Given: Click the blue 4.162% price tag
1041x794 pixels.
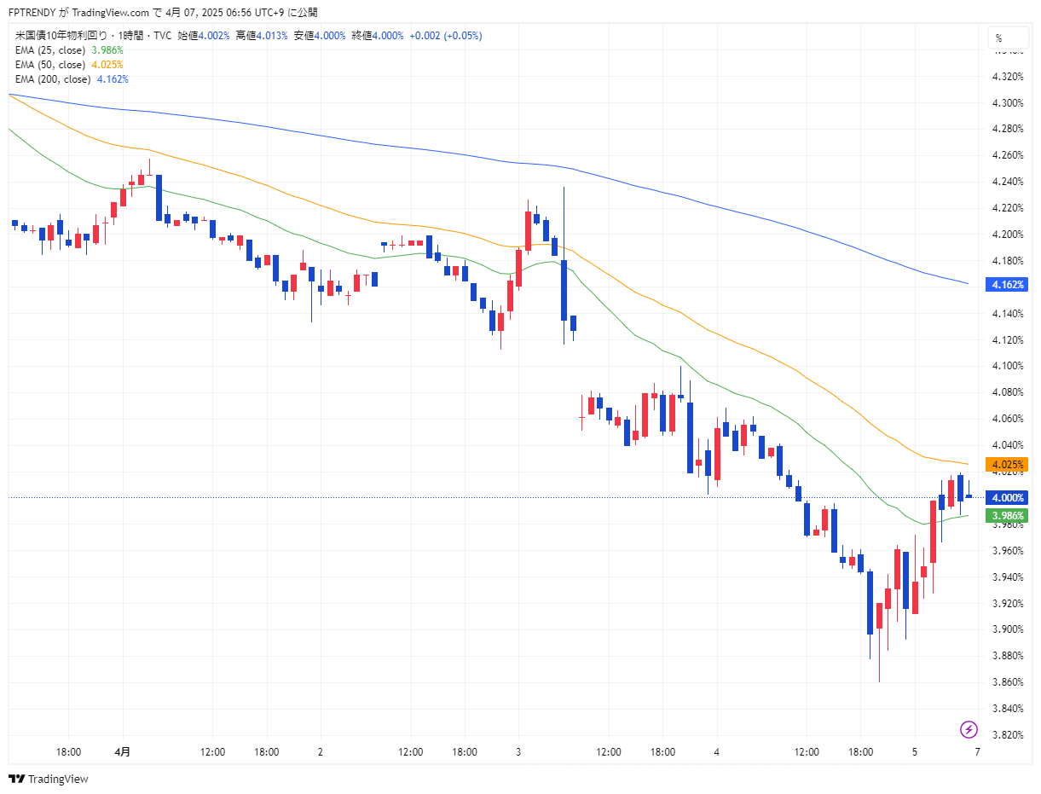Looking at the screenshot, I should click(x=1007, y=284).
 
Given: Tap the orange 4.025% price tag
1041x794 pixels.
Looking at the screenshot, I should click(x=1007, y=465).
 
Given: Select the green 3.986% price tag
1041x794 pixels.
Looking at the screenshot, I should click(x=1007, y=516).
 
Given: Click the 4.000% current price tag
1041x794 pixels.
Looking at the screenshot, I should click(x=1007, y=498).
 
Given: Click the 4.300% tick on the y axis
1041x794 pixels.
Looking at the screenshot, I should click(x=1008, y=103).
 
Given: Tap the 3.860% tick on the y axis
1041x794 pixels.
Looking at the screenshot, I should click(x=1008, y=682).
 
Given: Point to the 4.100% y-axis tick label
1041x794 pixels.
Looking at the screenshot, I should click(x=1008, y=366).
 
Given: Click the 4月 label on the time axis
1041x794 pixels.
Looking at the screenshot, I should click(x=123, y=752).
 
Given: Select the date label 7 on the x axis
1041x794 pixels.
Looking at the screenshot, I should click(x=977, y=752).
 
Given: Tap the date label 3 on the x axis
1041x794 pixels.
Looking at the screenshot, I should click(x=518, y=752).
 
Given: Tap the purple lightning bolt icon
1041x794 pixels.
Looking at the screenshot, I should click(x=969, y=729).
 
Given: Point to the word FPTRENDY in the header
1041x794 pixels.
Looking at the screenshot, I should click(x=32, y=13).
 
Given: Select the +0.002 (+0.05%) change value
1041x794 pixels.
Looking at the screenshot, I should click(x=445, y=36).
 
